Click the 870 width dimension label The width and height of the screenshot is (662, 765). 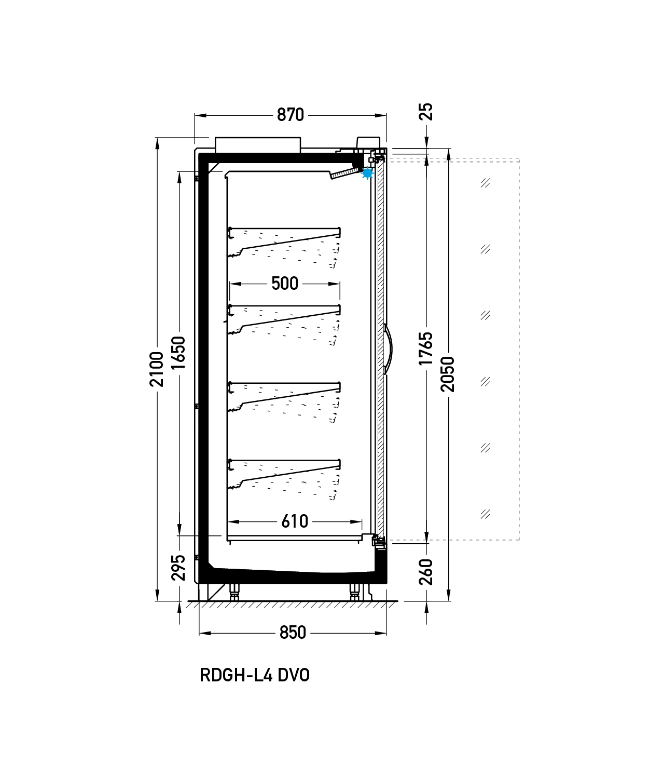pos(291,115)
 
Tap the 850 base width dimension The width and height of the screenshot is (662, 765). pos(293,633)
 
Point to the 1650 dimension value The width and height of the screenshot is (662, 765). pos(178,353)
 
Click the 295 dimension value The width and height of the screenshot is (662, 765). pos(178,568)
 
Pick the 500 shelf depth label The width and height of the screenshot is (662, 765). pos(285,284)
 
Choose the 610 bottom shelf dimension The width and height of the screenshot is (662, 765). pos(295,522)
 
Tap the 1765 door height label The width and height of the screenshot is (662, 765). pos(425,348)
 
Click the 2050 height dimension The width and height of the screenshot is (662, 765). pos(447,374)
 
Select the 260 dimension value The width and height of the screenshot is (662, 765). pos(425,572)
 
